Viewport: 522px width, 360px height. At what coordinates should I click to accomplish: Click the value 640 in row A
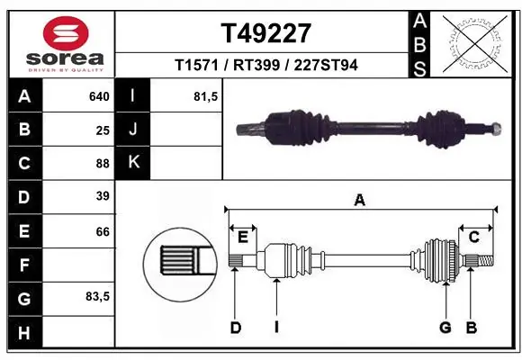pyautogui.click(x=99, y=96)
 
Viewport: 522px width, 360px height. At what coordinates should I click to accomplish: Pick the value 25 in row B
pyautogui.click(x=103, y=130)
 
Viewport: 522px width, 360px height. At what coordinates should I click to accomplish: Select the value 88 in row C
pyautogui.click(x=103, y=163)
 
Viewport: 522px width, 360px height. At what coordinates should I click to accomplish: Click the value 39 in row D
pyautogui.click(x=103, y=196)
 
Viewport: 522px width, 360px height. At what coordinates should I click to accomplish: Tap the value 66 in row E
pyautogui.click(x=103, y=231)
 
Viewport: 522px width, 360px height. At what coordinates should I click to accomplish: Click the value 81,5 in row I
pyautogui.click(x=206, y=96)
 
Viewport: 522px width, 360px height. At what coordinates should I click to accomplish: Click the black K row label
pyautogui.click(x=132, y=163)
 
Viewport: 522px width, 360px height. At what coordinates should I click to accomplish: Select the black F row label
pyautogui.click(x=23, y=265)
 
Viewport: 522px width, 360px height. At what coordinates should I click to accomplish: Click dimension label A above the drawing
pyautogui.click(x=360, y=201)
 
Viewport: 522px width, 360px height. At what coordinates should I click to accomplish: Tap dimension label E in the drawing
pyautogui.click(x=242, y=237)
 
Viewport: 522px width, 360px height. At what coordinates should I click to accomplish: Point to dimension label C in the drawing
pyautogui.click(x=473, y=237)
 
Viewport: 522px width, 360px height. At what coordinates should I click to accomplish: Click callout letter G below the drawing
pyautogui.click(x=445, y=327)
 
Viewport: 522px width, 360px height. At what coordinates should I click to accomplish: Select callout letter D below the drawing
pyautogui.click(x=236, y=327)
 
